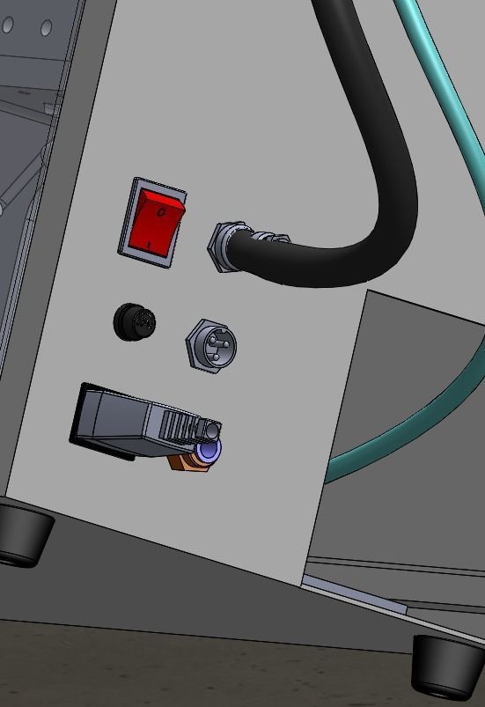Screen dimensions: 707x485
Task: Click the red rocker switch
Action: [157, 222]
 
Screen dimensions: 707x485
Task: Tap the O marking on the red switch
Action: [162, 212]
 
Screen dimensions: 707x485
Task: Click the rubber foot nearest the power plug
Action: [22, 533]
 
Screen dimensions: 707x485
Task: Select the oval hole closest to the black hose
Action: [46, 29]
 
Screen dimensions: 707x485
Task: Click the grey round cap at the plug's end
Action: [211, 430]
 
